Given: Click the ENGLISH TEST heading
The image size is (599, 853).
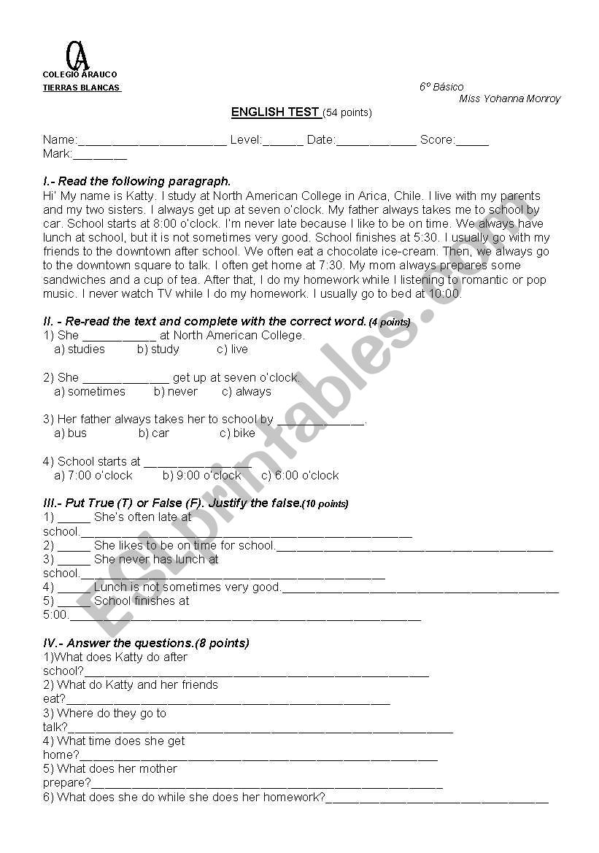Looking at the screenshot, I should point(275,112).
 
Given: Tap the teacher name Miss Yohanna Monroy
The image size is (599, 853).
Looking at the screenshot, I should point(510,99).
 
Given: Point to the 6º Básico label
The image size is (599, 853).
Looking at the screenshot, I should point(441,87).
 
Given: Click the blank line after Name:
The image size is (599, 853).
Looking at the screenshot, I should point(152,141).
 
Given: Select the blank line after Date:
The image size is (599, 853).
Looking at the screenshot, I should point(376,141).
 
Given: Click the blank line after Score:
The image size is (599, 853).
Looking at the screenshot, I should point(472,141).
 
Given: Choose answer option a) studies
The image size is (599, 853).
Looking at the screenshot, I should point(80,350).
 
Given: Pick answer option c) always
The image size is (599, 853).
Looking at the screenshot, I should point(247,392).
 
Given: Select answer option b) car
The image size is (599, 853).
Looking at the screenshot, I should point(154,433).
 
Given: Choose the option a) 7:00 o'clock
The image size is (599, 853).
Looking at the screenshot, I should point(93,476).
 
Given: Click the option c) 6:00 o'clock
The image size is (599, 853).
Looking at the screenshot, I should point(300,476).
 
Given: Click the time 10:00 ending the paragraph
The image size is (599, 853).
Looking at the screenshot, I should point(445,294).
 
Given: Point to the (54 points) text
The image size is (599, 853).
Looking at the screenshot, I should point(347,113).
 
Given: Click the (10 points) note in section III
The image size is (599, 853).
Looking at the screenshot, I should point(325,504).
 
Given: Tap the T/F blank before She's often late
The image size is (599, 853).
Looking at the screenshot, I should point(74,518).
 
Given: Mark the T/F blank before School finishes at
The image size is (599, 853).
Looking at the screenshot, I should point(74,602).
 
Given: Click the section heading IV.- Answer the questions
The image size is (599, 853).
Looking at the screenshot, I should point(146,644).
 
